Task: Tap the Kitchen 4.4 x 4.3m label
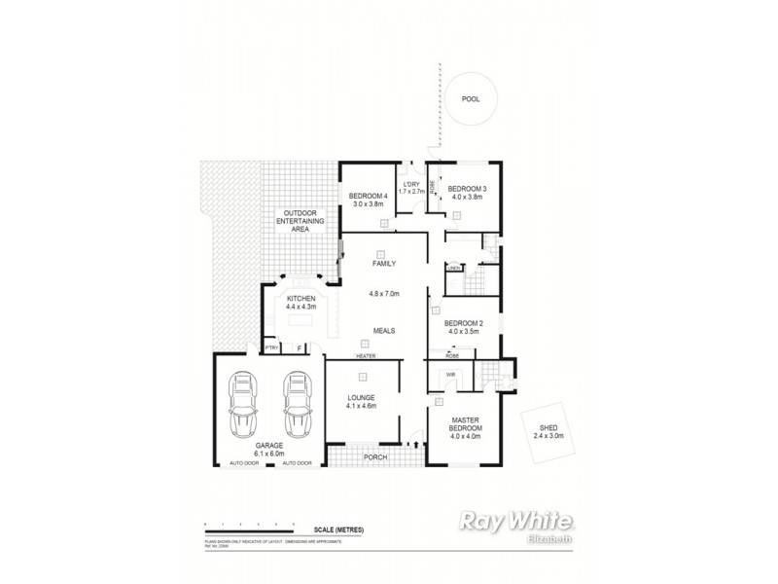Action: (x=300, y=302)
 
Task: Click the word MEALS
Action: (x=382, y=330)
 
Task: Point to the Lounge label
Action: (x=360, y=401)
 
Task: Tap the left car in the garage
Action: (x=242, y=407)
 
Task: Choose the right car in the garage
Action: (x=297, y=407)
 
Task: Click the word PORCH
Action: (x=375, y=456)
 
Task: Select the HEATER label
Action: (x=365, y=355)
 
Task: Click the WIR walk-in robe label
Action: (x=451, y=374)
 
